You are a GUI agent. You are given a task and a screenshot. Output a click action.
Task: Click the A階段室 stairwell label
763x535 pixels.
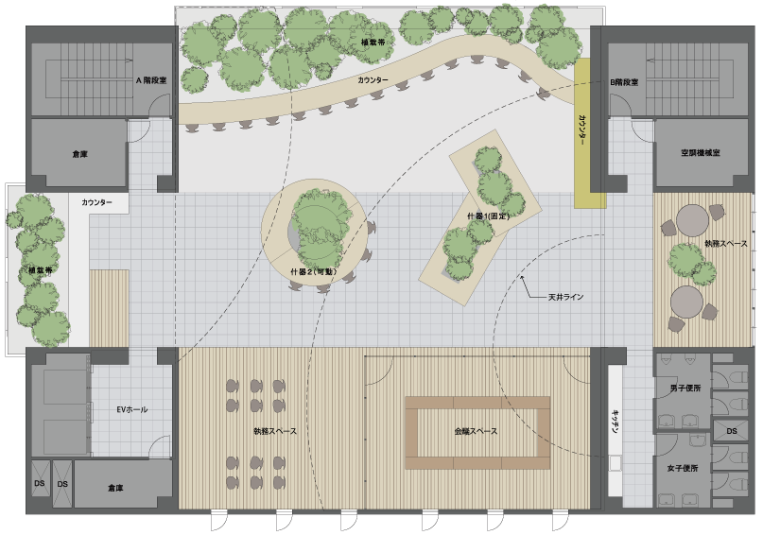pos(151,80)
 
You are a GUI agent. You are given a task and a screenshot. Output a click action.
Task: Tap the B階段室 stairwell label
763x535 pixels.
pos(624,82)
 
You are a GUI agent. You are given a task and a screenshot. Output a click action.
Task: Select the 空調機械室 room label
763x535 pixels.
pos(701,153)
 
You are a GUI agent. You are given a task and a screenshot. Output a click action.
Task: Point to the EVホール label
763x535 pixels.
pos(131,409)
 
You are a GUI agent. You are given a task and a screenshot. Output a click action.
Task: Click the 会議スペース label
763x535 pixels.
pos(476,431)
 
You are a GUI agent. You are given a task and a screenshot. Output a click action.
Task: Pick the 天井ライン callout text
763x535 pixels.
pos(566,297)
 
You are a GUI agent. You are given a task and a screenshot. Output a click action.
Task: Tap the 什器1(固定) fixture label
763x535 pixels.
pos(488,216)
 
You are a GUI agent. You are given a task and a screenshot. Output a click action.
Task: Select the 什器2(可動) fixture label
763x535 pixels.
pos(314,272)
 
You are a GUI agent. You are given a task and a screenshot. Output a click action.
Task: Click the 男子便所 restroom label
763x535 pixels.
pos(685,388)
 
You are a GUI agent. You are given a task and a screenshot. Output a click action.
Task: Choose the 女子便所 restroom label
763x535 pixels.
pos(683,468)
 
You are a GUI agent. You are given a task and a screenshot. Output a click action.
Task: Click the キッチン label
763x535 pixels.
pos(616,423)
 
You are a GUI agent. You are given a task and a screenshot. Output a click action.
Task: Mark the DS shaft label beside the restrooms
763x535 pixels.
pos(732,431)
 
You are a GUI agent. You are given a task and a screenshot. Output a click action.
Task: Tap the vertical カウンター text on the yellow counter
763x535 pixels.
pos(582,130)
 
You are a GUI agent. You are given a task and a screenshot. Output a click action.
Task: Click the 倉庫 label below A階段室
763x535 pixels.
pos(79,154)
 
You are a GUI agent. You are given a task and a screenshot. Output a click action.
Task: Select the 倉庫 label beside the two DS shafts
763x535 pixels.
pos(115,488)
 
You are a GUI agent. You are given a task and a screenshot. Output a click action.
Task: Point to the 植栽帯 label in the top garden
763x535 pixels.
pos(373,43)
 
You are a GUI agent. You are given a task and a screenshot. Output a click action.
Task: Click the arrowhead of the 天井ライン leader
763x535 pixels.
pos(522,277)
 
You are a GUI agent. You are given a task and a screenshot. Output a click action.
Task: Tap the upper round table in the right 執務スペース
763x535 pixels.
pos(692,221)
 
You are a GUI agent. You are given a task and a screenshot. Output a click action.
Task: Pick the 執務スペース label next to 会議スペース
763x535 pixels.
pos(275,431)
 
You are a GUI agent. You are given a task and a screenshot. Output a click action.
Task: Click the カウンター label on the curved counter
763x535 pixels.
pos(373,79)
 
